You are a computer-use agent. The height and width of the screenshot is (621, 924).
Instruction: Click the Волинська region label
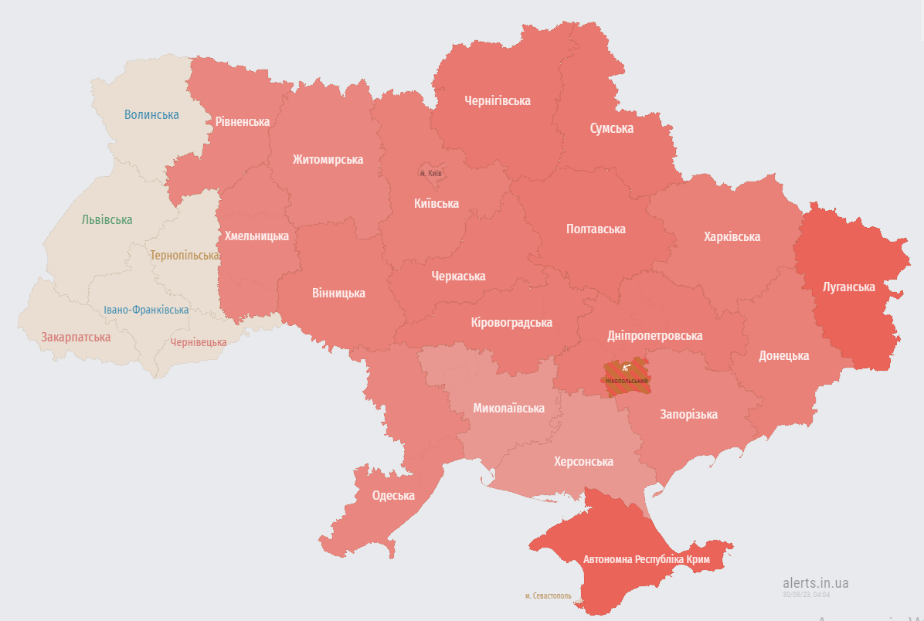click(151, 115)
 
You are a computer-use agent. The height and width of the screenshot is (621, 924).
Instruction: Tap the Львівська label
click(107, 220)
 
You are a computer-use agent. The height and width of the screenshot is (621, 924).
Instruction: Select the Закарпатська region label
click(76, 338)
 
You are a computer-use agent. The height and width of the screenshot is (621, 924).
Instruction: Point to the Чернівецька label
click(199, 342)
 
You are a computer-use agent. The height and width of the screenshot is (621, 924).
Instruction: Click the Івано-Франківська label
click(146, 310)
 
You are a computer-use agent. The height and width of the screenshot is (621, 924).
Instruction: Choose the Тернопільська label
click(184, 256)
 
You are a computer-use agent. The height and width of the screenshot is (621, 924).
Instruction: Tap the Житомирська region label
click(328, 160)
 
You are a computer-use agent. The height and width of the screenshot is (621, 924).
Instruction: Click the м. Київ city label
click(430, 173)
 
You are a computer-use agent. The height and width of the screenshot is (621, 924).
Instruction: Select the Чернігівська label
click(498, 101)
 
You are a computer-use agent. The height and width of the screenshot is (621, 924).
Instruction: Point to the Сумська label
click(612, 128)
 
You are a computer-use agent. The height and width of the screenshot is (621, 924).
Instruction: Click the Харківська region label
click(732, 237)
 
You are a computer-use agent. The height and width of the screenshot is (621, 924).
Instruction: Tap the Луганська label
click(849, 287)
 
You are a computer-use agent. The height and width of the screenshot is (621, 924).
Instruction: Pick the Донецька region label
click(783, 356)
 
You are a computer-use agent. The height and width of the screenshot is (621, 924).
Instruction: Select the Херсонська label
click(583, 462)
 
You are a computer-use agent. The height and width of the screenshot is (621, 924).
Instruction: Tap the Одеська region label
click(393, 496)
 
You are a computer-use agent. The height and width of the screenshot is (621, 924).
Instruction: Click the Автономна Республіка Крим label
click(647, 559)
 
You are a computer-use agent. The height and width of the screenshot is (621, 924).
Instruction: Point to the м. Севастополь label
click(548, 596)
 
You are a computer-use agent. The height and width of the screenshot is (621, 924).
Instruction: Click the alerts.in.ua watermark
click(815, 583)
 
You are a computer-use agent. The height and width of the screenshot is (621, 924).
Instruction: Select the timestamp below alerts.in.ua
click(806, 595)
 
